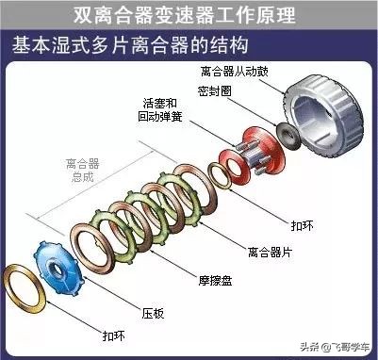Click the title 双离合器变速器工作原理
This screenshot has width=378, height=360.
pos(189,15)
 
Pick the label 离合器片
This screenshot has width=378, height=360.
pos(267,253)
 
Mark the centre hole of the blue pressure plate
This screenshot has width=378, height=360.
pos(63,263)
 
